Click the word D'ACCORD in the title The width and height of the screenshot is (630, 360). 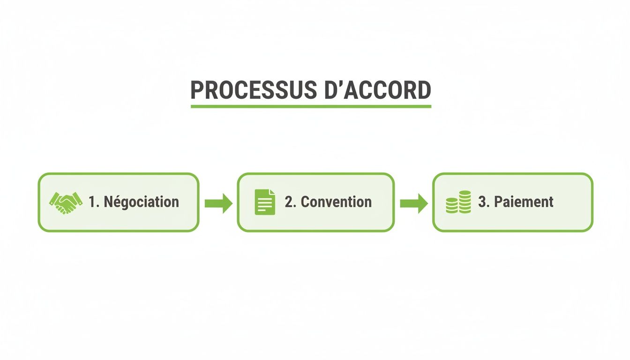point(377,90)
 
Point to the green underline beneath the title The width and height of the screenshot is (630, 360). point(311,107)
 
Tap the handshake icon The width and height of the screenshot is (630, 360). point(65,202)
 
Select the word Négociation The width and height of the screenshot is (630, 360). point(141,202)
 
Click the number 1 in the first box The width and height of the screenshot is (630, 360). point(92,202)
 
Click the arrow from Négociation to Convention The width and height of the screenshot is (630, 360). point(218,203)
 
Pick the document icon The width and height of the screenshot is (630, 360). point(265,202)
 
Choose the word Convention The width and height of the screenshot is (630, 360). point(336,202)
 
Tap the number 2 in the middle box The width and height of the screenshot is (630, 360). point(288,202)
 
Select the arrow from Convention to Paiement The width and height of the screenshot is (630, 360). point(413,203)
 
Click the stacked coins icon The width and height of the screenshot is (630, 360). point(458,202)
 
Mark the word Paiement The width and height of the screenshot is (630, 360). point(524,202)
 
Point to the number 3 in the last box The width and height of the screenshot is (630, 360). point(482,202)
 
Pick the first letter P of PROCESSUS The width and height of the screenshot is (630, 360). point(197,90)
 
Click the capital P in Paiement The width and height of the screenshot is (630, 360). point(499,202)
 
